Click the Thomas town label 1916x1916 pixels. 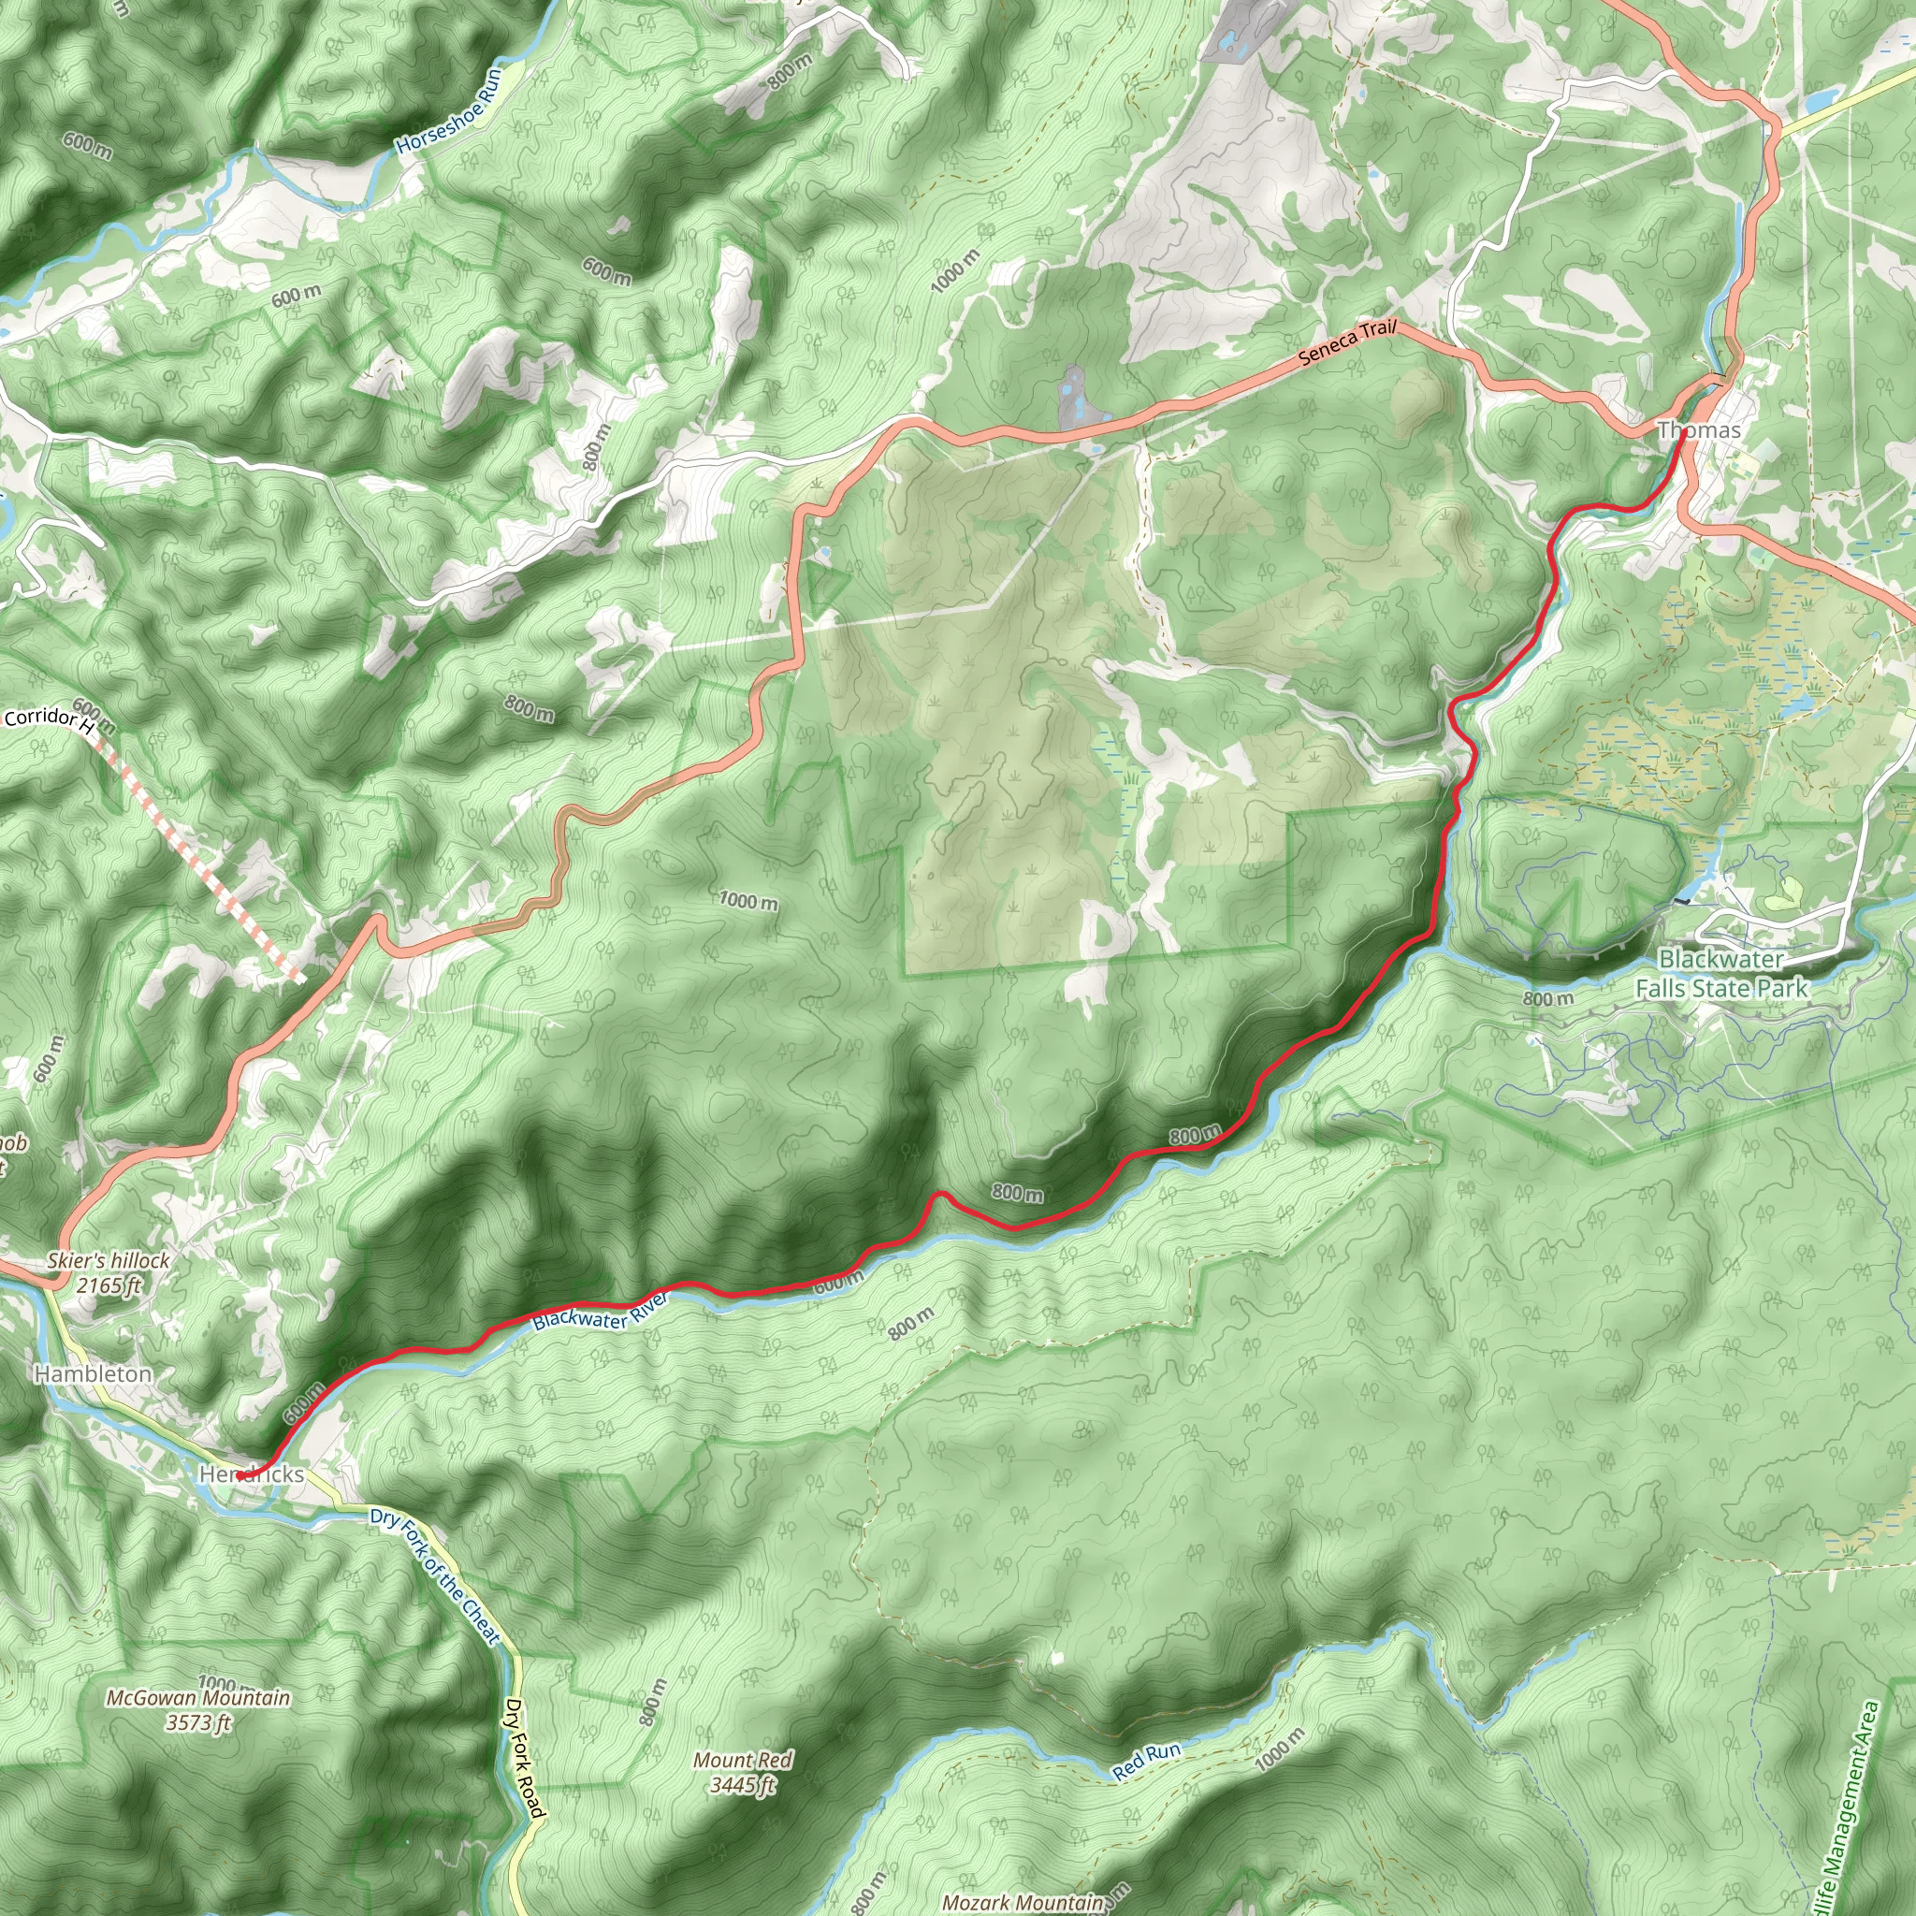point(1699,430)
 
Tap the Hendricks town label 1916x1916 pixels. point(252,1474)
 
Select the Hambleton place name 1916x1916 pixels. point(94,1374)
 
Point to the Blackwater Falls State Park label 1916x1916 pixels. point(1720,974)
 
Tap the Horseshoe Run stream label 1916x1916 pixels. point(449,110)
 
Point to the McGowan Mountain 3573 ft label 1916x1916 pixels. point(198,1710)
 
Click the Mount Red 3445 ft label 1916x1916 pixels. point(743,1772)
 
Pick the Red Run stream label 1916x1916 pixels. point(1145,1762)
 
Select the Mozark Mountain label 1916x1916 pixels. point(1022,1902)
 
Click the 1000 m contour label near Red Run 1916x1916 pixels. point(1279,1749)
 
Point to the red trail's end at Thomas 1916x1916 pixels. point(1685,432)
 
